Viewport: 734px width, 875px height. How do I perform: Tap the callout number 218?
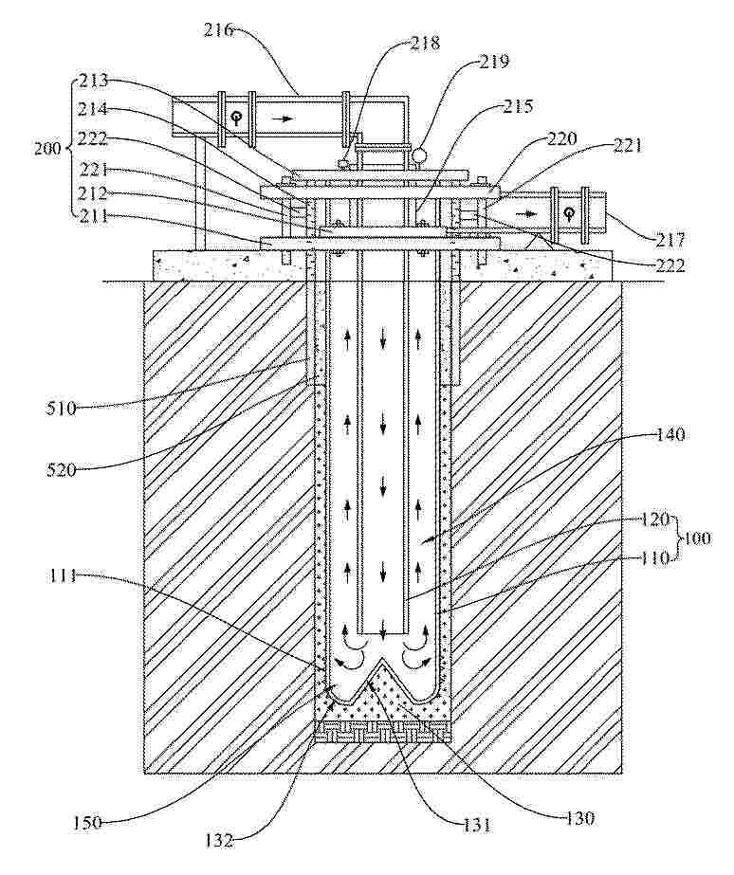tap(425, 43)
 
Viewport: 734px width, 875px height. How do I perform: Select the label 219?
tap(494, 62)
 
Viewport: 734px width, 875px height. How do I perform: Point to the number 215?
tap(518, 105)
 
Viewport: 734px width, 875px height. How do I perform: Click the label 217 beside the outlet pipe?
tap(670, 240)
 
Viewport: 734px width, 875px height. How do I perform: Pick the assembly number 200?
tap(49, 149)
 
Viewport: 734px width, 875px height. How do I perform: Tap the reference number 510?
tap(61, 409)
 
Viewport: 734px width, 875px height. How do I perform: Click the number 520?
tap(61, 470)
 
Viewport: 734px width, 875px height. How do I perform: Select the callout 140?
tap(670, 434)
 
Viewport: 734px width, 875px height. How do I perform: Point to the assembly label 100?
tap(694, 538)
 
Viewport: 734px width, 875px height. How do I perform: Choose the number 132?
tap(218, 841)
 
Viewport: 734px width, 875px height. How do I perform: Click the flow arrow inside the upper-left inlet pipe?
tap(285, 118)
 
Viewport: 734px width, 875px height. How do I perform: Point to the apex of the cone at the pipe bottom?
tap(381, 659)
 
